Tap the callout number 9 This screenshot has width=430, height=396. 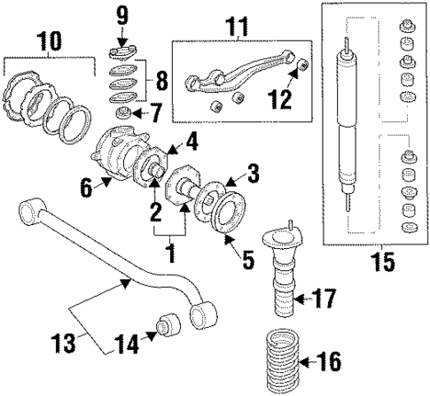[x=122, y=14]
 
